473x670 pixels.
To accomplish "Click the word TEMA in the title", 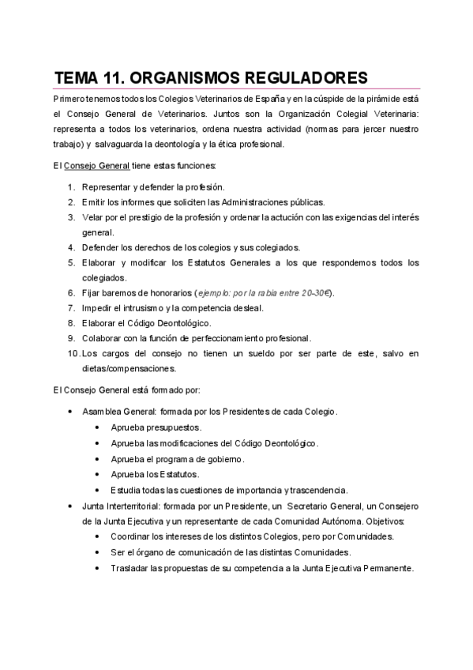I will [77, 77].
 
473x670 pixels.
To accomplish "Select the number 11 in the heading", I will [114, 77].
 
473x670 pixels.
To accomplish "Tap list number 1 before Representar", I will [71, 187].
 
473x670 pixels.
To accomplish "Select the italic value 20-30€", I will [314, 293].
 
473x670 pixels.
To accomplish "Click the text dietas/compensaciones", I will [130, 368].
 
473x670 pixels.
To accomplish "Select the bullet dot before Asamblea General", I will [71, 412].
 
